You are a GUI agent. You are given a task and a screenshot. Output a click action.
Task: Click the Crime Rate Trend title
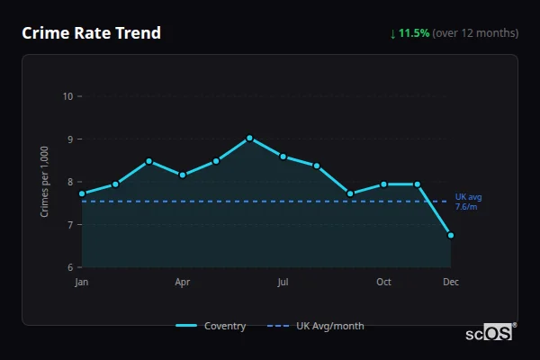pos(91,33)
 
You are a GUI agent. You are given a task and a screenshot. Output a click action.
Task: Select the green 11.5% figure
pos(415,33)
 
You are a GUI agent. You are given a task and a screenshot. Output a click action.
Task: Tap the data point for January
pos(82,193)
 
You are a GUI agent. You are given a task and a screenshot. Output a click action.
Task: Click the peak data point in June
pos(249,138)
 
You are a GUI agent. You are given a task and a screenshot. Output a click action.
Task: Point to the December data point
pos(451,235)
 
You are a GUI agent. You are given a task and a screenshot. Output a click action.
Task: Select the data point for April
pos(183,175)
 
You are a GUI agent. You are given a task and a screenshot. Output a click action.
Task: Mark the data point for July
pos(283,157)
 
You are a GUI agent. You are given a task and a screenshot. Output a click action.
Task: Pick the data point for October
pos(383,184)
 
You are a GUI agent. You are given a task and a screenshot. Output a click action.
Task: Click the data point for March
pos(149,161)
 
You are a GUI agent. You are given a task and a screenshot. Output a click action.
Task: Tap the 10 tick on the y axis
pos(68,96)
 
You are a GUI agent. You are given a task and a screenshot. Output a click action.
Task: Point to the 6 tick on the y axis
pos(70,267)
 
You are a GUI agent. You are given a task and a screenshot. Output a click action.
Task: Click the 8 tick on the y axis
pos(70,182)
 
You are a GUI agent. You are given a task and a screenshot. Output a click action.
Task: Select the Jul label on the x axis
pos(283,283)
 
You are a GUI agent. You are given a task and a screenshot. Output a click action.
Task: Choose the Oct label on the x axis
pos(383,283)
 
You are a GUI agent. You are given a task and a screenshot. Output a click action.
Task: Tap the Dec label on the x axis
pos(451,283)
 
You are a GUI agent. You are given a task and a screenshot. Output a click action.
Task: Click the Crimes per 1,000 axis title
pos(45,182)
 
